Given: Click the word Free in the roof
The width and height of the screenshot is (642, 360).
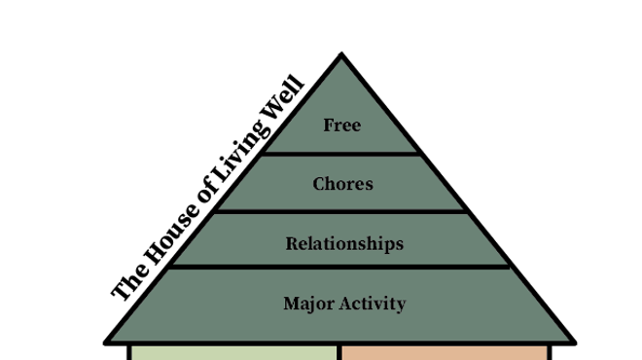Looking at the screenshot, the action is [x=341, y=126].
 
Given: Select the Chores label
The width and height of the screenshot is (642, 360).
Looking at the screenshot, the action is [x=342, y=184].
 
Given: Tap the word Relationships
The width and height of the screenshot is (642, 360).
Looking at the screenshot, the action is [x=344, y=244].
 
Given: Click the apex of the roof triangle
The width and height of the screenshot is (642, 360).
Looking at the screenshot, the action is [x=341, y=54].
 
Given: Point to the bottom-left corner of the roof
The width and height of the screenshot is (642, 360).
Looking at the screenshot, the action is [x=106, y=342].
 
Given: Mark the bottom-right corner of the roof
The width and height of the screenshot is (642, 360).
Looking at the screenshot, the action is [x=575, y=342].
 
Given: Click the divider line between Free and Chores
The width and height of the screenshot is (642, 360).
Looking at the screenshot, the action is [x=340, y=154].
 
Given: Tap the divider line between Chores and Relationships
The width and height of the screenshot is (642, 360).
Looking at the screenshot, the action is [x=339, y=211].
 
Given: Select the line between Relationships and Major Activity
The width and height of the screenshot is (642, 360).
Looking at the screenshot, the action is [x=339, y=267].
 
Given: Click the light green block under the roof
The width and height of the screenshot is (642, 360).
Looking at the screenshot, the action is [x=233, y=353].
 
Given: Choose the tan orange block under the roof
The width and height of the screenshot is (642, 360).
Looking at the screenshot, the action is [x=445, y=353].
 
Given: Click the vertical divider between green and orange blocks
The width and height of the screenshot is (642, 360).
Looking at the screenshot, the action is [x=339, y=353].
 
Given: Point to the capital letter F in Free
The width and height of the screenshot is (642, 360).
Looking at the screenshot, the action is [x=328, y=126].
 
